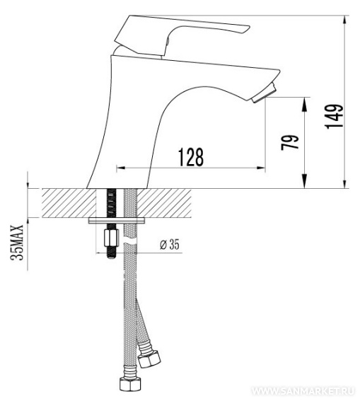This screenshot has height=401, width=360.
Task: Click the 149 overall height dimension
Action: click(x=335, y=117)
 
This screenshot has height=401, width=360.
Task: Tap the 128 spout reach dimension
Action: click(x=191, y=157)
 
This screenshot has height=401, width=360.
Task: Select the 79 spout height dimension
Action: click(x=290, y=142)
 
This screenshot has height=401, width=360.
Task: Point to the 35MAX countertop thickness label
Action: click(x=17, y=243)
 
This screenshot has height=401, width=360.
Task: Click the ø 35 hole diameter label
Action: click(x=170, y=245)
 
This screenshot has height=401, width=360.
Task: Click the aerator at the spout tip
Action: click(x=265, y=93)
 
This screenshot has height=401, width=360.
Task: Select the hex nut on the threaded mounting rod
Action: click(x=112, y=238)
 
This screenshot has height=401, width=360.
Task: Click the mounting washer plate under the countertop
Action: click(x=117, y=221)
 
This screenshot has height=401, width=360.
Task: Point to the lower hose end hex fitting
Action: click(x=130, y=383)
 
